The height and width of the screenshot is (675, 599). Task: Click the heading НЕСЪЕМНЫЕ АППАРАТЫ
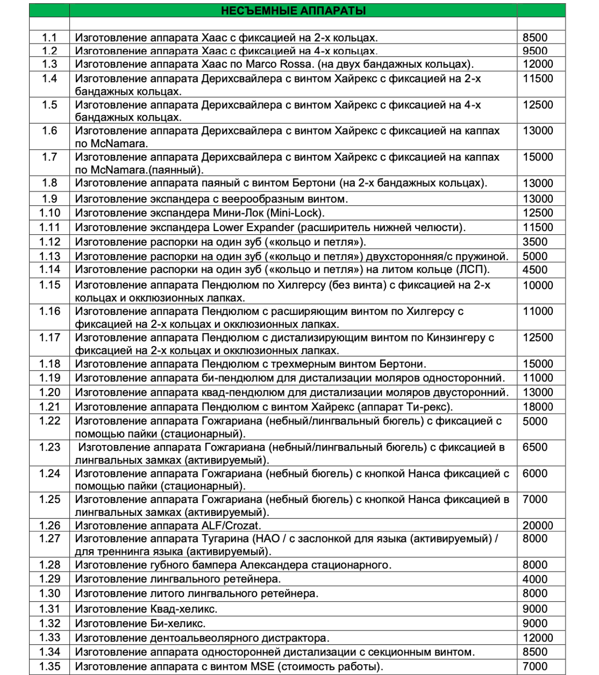[x=293, y=11]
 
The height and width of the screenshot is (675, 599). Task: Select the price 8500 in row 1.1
[x=535, y=38]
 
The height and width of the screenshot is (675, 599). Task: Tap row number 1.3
[x=49, y=64]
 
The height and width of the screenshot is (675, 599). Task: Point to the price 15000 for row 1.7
[x=538, y=157]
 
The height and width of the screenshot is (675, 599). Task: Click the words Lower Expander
[x=253, y=228]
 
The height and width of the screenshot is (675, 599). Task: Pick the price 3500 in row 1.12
[x=535, y=242]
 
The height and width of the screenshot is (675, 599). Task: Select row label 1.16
[x=49, y=311]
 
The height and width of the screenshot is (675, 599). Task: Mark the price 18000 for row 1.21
[x=538, y=407]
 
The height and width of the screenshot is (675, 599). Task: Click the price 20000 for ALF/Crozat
[x=538, y=526]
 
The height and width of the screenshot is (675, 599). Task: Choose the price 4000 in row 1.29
[x=535, y=579]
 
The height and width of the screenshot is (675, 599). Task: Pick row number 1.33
[x=49, y=638]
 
